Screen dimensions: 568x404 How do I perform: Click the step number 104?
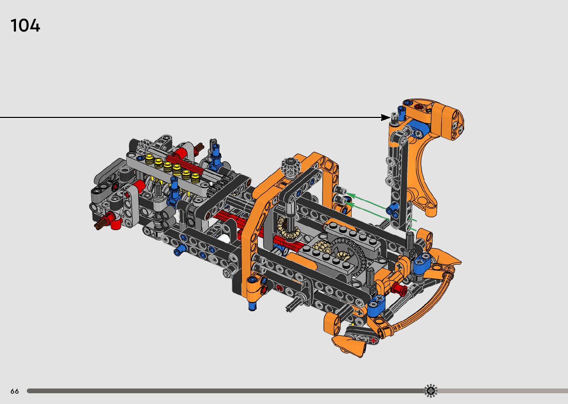(x=25, y=25)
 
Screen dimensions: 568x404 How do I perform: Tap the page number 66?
(x=15, y=391)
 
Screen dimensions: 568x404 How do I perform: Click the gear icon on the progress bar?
(x=431, y=391)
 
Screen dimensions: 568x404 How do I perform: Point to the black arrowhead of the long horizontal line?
(x=386, y=118)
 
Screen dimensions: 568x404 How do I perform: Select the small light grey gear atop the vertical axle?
(x=290, y=166)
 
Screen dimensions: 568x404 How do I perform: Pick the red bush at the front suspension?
(x=399, y=289)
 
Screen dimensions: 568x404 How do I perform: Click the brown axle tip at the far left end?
(x=99, y=225)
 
